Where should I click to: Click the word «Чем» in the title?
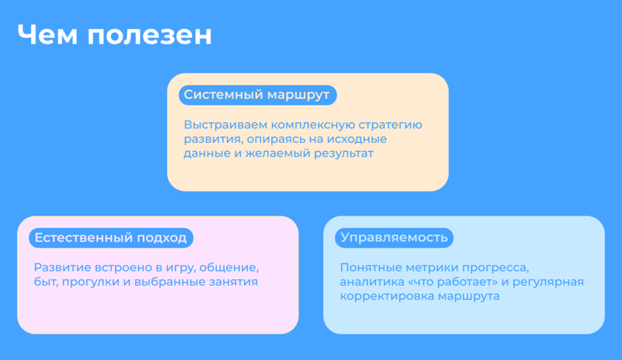(x=47, y=35)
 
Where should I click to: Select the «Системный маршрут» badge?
(x=258, y=95)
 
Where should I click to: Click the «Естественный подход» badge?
(x=111, y=238)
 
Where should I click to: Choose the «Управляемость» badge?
(x=395, y=238)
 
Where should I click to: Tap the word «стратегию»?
(x=390, y=126)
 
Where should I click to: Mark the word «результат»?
(x=343, y=154)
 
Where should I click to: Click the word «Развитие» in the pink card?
(x=62, y=267)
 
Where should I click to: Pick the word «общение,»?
(x=229, y=268)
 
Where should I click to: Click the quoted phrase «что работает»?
(x=451, y=282)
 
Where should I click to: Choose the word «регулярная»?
(x=548, y=283)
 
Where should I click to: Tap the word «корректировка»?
(x=381, y=296)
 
